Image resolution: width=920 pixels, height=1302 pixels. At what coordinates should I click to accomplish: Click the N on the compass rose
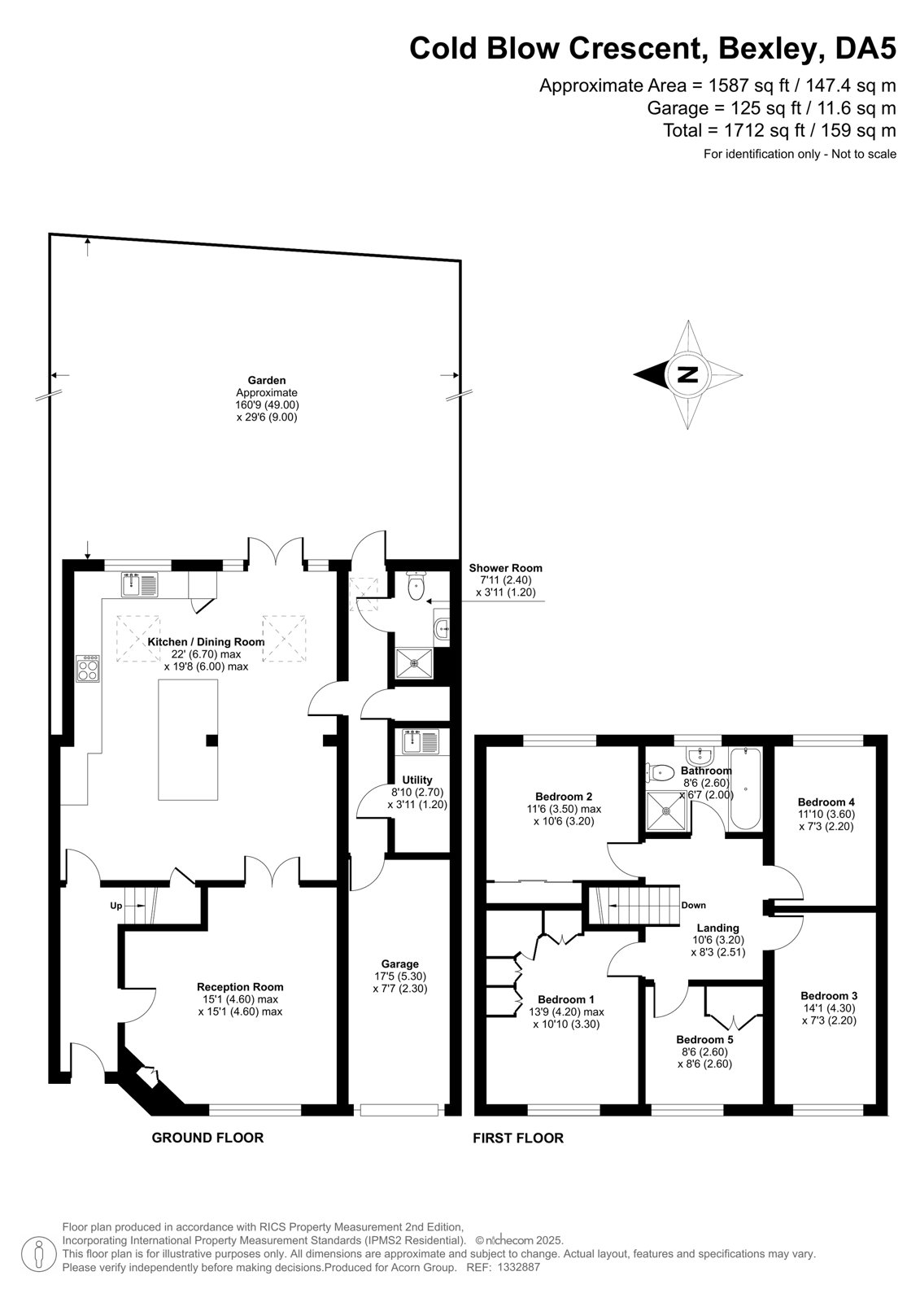click(688, 374)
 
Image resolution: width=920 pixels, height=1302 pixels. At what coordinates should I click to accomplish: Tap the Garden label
click(267, 380)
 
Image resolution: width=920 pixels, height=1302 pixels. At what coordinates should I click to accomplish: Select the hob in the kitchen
click(88, 668)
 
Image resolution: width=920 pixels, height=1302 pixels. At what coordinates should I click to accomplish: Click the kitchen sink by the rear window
click(139, 584)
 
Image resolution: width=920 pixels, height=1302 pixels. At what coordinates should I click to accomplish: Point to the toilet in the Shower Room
click(416, 585)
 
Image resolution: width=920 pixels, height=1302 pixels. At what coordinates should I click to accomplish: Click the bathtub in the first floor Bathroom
click(744, 789)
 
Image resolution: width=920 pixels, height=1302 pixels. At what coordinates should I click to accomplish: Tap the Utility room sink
click(422, 741)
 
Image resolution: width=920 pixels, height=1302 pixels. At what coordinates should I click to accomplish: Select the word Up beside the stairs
click(116, 906)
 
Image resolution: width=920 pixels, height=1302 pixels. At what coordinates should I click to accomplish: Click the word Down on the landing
click(693, 905)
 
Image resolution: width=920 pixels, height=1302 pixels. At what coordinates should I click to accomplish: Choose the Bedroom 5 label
click(704, 1039)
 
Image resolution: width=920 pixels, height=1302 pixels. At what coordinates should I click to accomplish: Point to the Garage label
click(400, 963)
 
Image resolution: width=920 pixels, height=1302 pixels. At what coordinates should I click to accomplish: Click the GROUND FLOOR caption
click(207, 1138)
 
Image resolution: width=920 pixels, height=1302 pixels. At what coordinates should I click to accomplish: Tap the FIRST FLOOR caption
click(518, 1138)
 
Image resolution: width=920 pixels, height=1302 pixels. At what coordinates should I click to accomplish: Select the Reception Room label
click(240, 986)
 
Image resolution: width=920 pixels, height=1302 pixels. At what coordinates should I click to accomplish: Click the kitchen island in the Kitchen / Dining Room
click(188, 740)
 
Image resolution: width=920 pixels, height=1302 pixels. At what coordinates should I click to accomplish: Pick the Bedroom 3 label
click(829, 996)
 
